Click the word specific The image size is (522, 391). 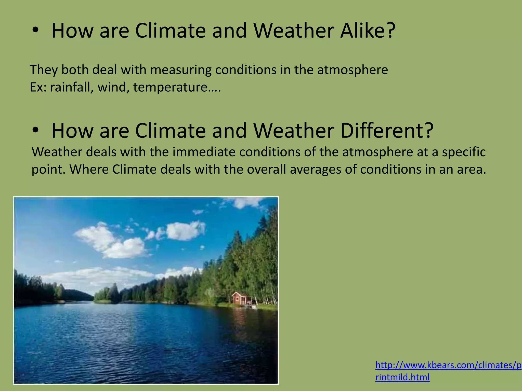coord(464,152)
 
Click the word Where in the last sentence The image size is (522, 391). coord(89,169)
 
